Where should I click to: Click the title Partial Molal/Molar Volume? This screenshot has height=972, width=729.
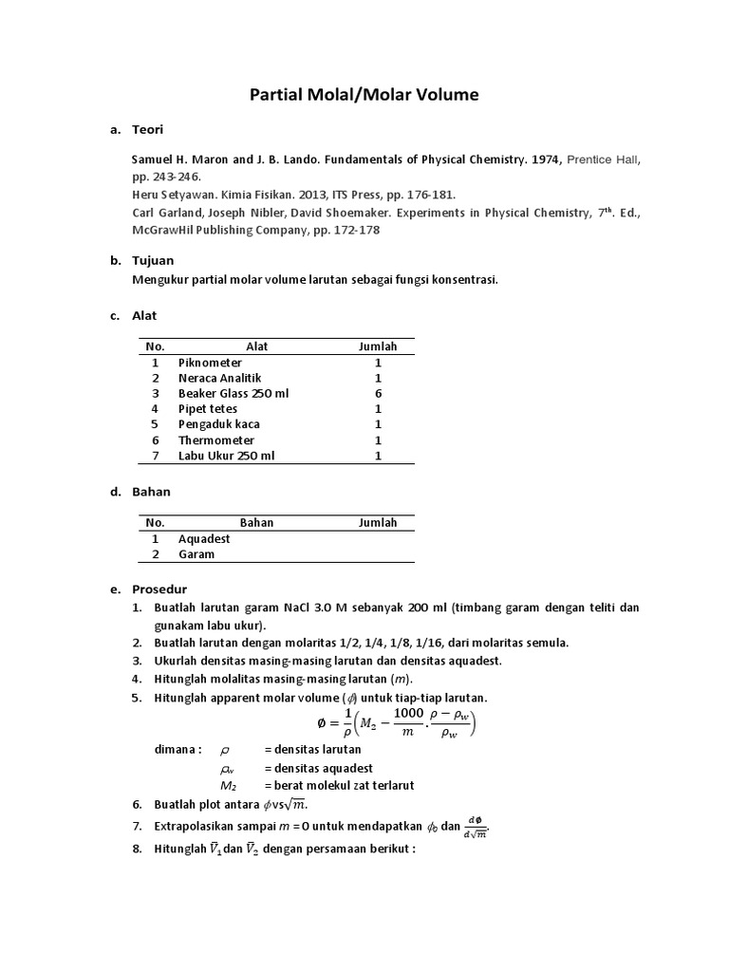pyautogui.click(x=364, y=94)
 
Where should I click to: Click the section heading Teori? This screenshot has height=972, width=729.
pyautogui.click(x=148, y=130)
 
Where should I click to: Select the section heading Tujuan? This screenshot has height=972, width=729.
pyautogui.click(x=153, y=260)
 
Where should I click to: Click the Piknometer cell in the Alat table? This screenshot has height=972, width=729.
pyautogui.click(x=210, y=363)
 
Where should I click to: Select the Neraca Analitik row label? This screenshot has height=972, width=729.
pyautogui.click(x=218, y=378)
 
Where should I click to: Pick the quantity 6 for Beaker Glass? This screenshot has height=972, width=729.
pyautogui.click(x=378, y=393)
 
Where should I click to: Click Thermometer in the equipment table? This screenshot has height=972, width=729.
pyautogui.click(x=216, y=440)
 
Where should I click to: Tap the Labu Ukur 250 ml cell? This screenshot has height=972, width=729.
pyautogui.click(x=225, y=456)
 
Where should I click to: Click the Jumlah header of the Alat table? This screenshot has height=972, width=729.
pyautogui.click(x=378, y=346)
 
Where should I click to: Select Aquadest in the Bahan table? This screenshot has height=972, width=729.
pyautogui.click(x=204, y=538)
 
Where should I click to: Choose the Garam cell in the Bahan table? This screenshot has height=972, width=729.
pyautogui.click(x=196, y=554)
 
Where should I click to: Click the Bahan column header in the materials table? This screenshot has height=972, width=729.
pyautogui.click(x=256, y=522)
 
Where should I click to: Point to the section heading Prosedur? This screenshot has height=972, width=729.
pyautogui.click(x=159, y=589)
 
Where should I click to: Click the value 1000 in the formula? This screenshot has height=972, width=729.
pyautogui.click(x=408, y=713)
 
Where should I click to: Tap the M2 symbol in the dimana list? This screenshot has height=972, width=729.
pyautogui.click(x=228, y=785)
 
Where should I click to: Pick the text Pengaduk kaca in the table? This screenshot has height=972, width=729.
pyautogui.click(x=218, y=424)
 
